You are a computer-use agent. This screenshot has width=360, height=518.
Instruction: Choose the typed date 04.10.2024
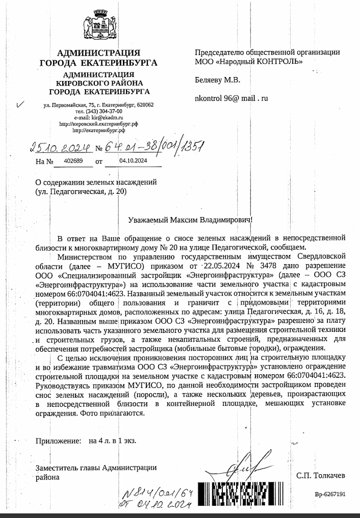[x=133, y=161]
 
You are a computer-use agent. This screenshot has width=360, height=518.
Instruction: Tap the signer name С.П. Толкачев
[x=321, y=475]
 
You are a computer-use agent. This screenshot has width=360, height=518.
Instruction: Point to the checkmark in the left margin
[x=20, y=106]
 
